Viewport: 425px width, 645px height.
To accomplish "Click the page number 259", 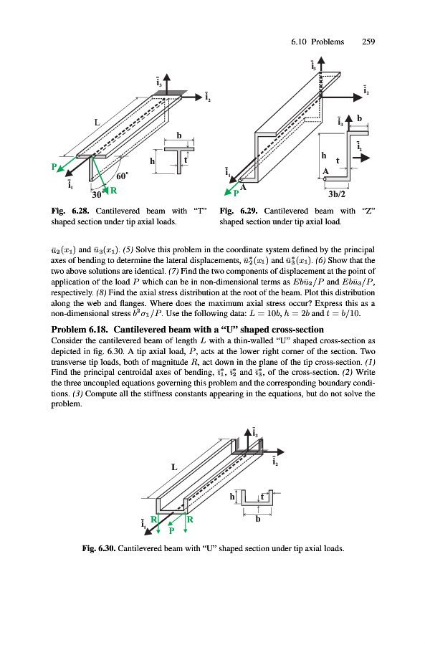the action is pyautogui.click(x=368, y=42).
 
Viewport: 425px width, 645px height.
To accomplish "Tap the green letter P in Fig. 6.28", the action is pyautogui.click(x=54, y=166).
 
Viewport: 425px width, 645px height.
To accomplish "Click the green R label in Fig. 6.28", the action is pyautogui.click(x=113, y=191).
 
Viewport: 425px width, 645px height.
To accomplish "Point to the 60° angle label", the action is pyautogui.click(x=123, y=176).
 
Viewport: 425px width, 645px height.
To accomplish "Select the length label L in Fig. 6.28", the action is pyautogui.click(x=97, y=122).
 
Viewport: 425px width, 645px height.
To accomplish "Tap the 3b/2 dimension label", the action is pyautogui.click(x=337, y=194).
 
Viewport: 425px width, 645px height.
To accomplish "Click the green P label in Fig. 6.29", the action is pyautogui.click(x=237, y=193).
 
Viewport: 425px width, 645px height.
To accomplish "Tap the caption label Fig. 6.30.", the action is pyautogui.click(x=99, y=548).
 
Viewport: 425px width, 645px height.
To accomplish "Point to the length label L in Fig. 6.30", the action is pyautogui.click(x=174, y=467).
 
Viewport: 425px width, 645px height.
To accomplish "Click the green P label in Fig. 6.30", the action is pyautogui.click(x=172, y=530).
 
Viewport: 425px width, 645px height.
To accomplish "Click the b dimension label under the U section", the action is pyautogui.click(x=258, y=519).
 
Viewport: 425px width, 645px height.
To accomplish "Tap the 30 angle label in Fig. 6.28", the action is pyautogui.click(x=96, y=194).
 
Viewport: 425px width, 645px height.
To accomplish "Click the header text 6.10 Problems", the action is pyautogui.click(x=317, y=42).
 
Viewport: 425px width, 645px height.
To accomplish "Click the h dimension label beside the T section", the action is pyautogui.click(x=152, y=161).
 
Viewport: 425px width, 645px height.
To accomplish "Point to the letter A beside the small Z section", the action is pyautogui.click(x=325, y=171).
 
